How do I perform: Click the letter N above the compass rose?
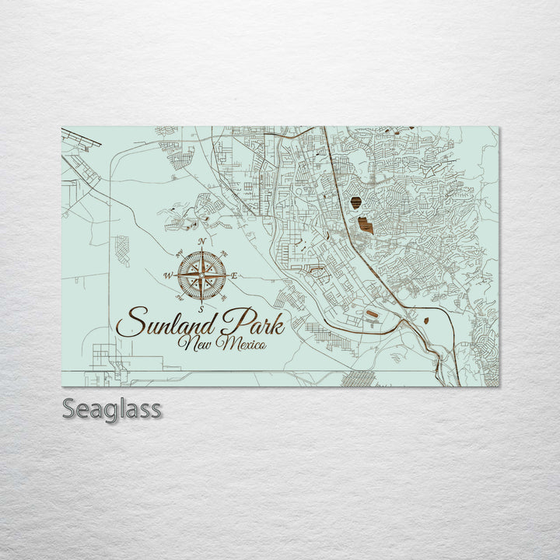[201, 242]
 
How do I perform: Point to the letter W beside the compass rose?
[167, 275]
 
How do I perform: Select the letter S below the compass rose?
[201, 310]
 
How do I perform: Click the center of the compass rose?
[201, 276]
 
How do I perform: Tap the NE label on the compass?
[225, 254]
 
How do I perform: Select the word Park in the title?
[252, 321]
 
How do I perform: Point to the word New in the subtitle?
[195, 342]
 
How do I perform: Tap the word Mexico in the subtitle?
[242, 342]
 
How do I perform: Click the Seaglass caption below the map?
[112, 408]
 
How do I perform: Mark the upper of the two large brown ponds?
[355, 203]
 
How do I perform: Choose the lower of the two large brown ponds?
[366, 226]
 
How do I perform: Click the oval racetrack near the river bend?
[371, 314]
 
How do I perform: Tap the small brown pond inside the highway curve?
[427, 317]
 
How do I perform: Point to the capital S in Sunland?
[129, 321]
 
